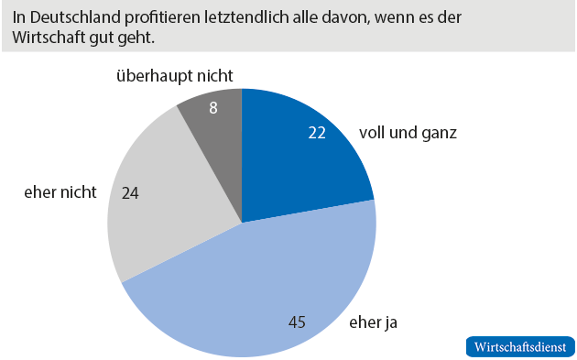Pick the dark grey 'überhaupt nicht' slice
(215, 119)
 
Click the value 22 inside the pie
(317, 132)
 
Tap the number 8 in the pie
(212, 107)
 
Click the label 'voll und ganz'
(408, 132)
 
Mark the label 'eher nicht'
(60, 193)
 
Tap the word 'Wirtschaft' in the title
(49, 38)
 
